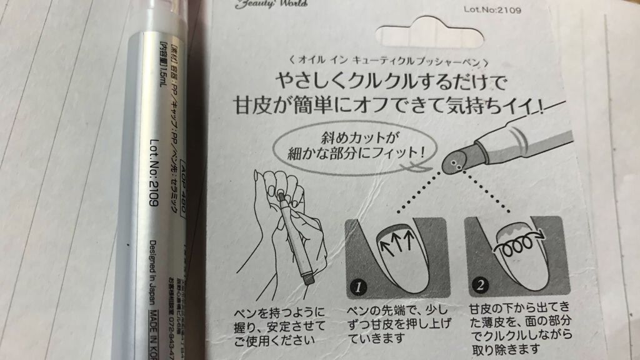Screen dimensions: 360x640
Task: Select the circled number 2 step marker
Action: [x=479, y=286]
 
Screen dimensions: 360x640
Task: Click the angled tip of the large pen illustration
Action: [x=455, y=163]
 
